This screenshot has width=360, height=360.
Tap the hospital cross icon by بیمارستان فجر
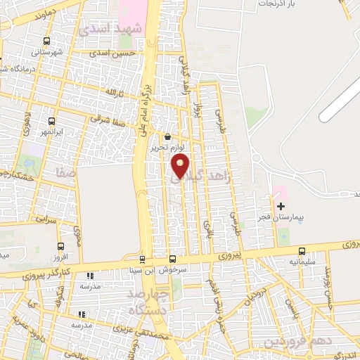point(281,206)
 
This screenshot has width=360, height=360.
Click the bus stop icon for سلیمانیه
point(302,251)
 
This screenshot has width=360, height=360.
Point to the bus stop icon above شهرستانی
point(47,41)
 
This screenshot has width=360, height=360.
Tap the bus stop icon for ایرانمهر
point(51,121)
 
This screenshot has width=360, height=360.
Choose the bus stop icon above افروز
point(60,247)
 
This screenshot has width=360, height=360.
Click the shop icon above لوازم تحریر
point(167,137)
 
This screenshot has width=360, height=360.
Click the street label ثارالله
point(114,92)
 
